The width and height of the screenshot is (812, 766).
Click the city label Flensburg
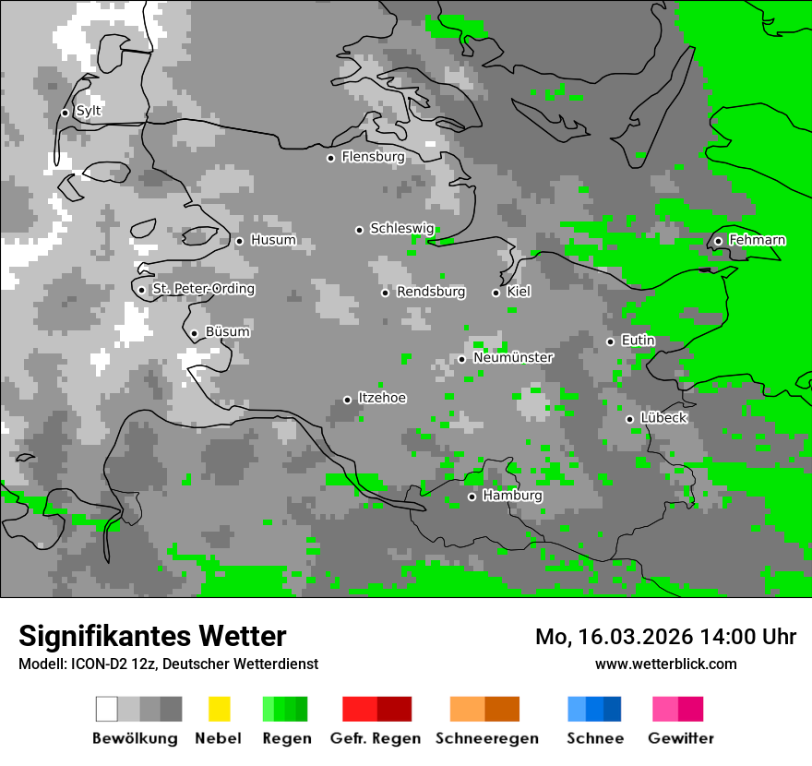click(373, 157)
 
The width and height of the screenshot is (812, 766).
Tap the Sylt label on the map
click(89, 112)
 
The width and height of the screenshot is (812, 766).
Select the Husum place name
click(273, 240)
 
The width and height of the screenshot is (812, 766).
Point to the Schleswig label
click(401, 228)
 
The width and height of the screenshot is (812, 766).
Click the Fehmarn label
click(757, 240)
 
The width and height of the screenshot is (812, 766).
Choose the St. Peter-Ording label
click(203, 289)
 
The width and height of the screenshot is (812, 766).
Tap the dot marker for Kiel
click(496, 293)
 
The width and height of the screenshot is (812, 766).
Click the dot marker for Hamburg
click(472, 497)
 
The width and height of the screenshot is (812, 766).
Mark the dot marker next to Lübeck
click(629, 419)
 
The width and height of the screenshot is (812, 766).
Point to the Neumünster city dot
click(461, 359)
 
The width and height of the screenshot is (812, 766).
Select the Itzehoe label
click(382, 398)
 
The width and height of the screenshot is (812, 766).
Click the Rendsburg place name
click(431, 292)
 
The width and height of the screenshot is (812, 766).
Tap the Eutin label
click(638, 341)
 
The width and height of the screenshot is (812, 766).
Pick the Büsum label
click(227, 331)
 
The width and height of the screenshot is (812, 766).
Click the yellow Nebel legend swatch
click(219, 709)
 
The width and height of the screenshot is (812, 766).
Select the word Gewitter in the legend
click(680, 738)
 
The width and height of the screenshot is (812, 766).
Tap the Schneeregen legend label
click(486, 738)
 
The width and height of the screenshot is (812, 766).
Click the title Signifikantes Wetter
click(152, 636)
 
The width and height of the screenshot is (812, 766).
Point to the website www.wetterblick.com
click(665, 664)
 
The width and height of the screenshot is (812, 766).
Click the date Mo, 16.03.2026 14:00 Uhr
click(665, 637)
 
